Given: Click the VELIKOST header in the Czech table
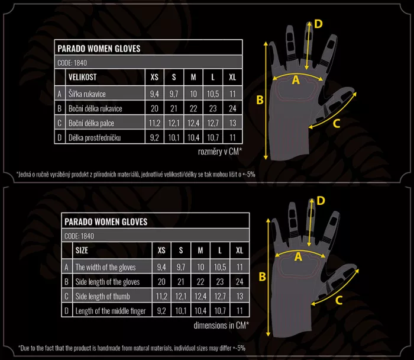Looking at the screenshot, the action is click(82, 77).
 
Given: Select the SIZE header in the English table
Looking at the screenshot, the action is click(82, 250).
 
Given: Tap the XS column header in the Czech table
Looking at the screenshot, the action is click(154, 77).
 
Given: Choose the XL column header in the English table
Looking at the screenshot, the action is click(240, 250).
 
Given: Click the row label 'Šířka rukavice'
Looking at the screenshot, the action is click(87, 94).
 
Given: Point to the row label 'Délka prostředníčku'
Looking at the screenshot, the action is click(95, 138).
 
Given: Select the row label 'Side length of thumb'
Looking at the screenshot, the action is click(102, 296).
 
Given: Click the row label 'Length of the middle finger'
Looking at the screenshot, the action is click(111, 311).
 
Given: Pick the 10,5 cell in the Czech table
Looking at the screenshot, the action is click(213, 94).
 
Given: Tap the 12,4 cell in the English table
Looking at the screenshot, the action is click(200, 296).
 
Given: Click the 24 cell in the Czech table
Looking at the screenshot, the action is click(232, 108).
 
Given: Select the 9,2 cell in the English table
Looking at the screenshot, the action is click(161, 311).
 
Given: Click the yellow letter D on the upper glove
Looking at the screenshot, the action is click(318, 24).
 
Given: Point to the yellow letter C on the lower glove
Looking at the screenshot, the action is click(339, 300).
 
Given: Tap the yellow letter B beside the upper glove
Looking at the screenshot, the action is click(260, 100).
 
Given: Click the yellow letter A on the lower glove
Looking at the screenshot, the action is click(298, 256).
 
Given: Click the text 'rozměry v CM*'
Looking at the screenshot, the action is click(220, 152).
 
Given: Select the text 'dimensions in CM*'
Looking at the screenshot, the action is click(221, 325).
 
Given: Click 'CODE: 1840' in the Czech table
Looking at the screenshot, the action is click(72, 63).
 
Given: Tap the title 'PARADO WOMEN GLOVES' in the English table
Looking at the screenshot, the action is click(106, 221).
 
